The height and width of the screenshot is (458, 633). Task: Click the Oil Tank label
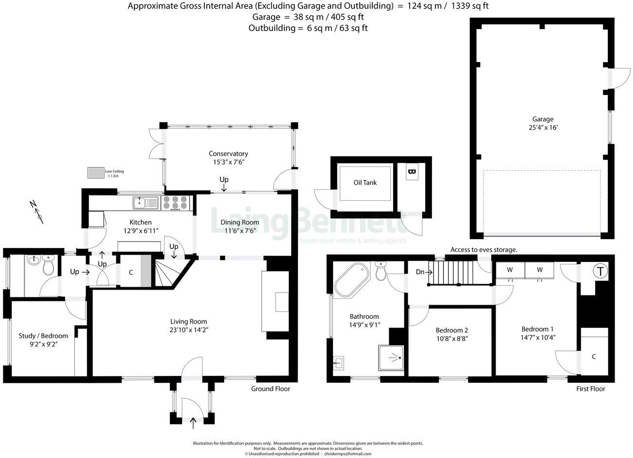click(x=365, y=183)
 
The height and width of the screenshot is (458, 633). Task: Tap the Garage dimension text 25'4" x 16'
click(x=542, y=128)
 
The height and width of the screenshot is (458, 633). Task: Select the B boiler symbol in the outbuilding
click(x=412, y=172)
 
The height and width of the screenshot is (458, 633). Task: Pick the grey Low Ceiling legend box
click(x=96, y=172)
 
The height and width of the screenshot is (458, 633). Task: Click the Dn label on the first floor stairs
click(x=420, y=272)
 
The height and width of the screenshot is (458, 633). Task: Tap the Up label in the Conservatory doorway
click(x=224, y=180)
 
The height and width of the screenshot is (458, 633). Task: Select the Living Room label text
click(x=188, y=321)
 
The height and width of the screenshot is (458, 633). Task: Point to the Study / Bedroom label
click(x=43, y=336)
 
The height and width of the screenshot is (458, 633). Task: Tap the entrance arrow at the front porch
click(x=193, y=423)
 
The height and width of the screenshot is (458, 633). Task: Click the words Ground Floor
click(x=270, y=389)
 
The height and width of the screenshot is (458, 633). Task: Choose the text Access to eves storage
click(x=483, y=249)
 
